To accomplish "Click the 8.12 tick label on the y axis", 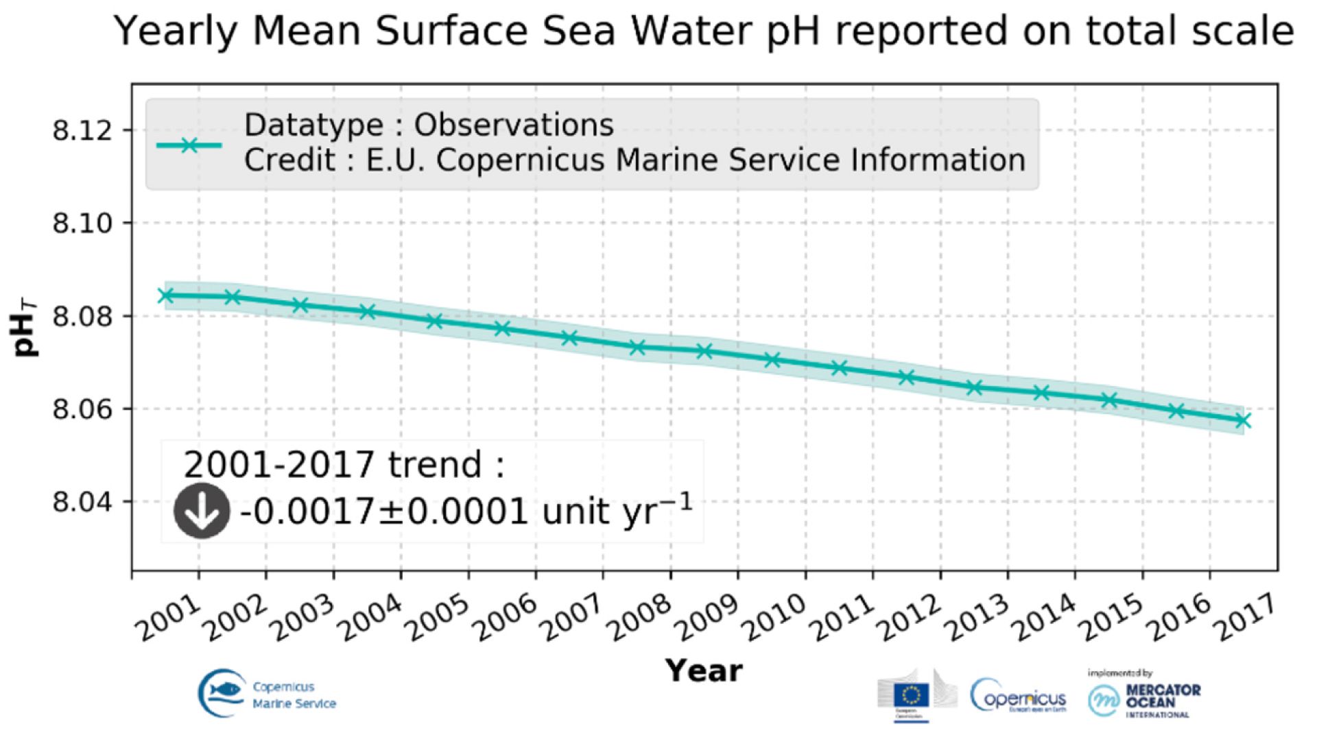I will tap(82, 130).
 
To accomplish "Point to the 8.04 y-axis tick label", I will tap(82, 503).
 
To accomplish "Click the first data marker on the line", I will tap(165, 295).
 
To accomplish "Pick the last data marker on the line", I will tap(1243, 420).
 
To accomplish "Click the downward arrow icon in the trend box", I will tap(202, 511).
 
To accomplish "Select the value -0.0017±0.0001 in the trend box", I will tap(384, 511).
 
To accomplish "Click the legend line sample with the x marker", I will tap(189, 145).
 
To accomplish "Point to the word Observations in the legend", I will tap(514, 125).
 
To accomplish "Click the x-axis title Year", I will tap(704, 670).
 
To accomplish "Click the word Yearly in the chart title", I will tap(175, 32).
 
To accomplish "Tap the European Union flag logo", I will tap(912, 696).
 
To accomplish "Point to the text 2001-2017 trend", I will tap(343, 465).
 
